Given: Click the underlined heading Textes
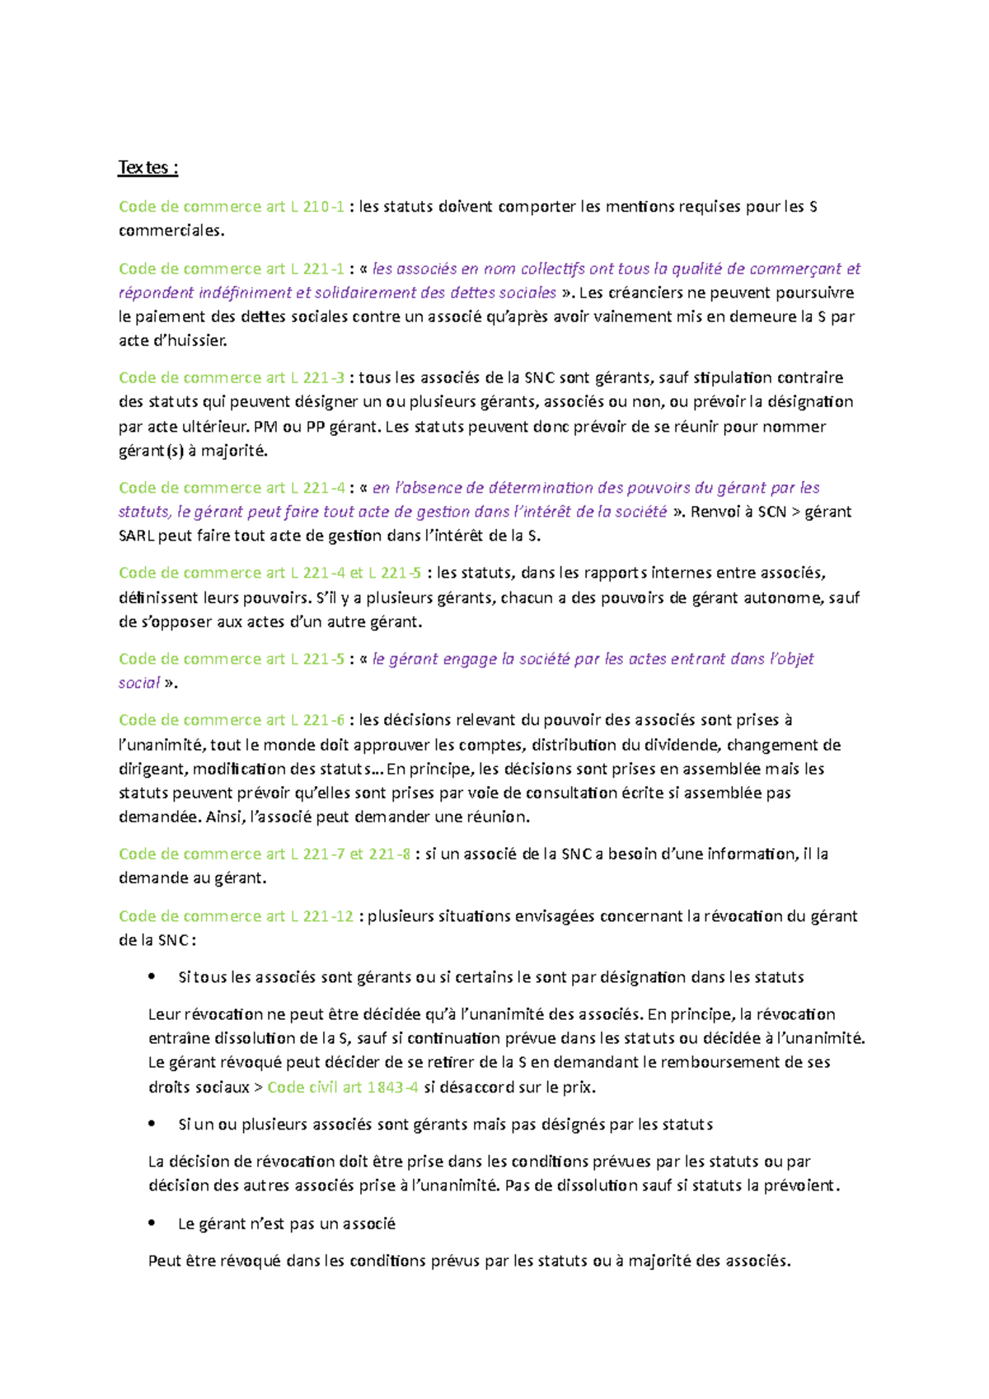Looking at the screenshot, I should (148, 168).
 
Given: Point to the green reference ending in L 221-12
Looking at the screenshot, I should (236, 916).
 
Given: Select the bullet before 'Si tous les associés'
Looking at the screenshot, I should (152, 977).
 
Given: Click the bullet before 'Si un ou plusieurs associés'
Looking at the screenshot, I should (152, 1125).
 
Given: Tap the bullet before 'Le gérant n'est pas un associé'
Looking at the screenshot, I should (152, 1224).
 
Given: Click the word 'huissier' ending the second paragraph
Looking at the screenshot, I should (199, 341).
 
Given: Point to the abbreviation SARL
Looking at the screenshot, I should (136, 536).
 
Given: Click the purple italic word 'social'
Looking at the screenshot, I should (138, 683).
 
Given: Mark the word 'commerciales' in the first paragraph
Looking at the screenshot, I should (171, 231).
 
